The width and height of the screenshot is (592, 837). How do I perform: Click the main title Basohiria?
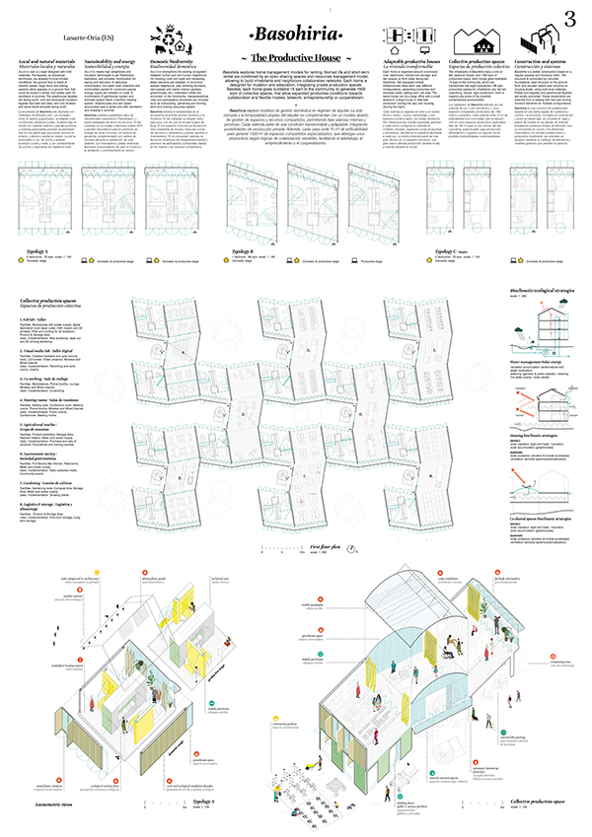click(296, 35)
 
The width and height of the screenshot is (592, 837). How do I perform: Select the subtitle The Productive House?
click(296, 60)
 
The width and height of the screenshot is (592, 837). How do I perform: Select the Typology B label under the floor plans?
click(237, 251)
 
